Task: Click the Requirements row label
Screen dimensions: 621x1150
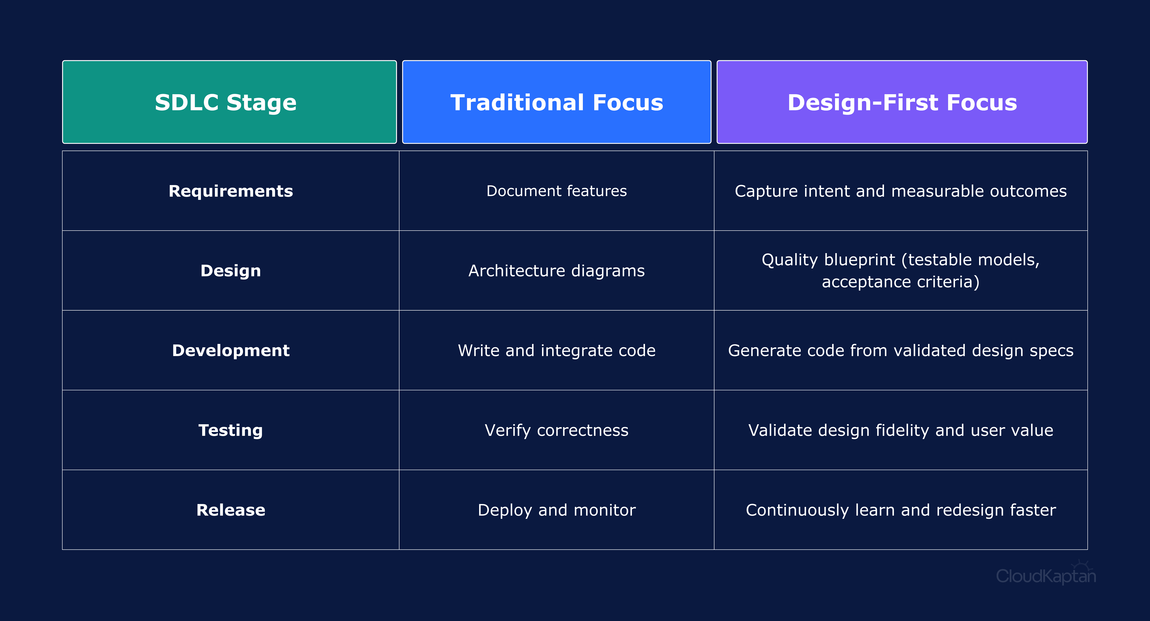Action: click(230, 191)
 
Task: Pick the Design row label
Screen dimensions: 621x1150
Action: click(230, 271)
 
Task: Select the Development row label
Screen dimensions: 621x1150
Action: click(230, 350)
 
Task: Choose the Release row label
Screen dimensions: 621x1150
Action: click(230, 510)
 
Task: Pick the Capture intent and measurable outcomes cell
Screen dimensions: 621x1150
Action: click(901, 191)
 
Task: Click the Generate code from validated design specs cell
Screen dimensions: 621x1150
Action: click(901, 350)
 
